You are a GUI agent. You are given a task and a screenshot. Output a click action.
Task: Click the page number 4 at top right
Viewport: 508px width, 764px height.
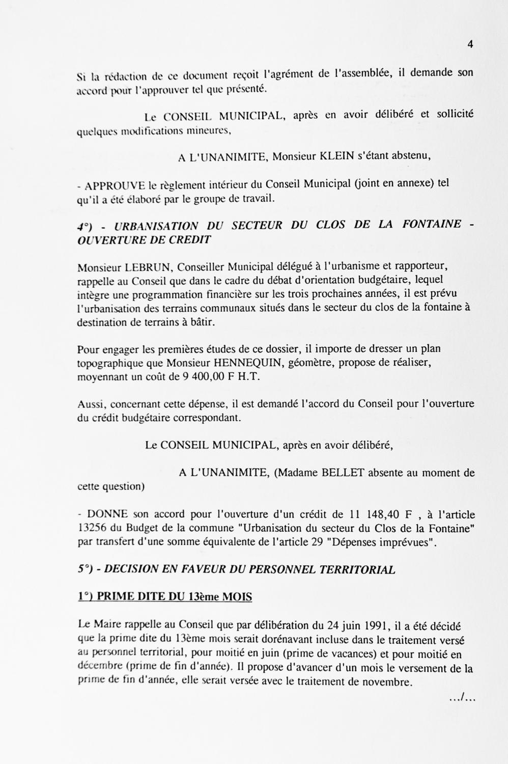tap(470, 44)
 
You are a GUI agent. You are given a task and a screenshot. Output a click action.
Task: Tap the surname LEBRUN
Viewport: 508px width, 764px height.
tap(149, 267)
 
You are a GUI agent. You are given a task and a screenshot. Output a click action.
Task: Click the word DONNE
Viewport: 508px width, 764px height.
tap(108, 515)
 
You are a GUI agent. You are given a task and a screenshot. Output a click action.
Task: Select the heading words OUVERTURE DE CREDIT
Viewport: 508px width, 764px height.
tap(144, 239)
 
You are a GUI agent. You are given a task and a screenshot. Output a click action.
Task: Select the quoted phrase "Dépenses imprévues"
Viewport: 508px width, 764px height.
tap(385, 542)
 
